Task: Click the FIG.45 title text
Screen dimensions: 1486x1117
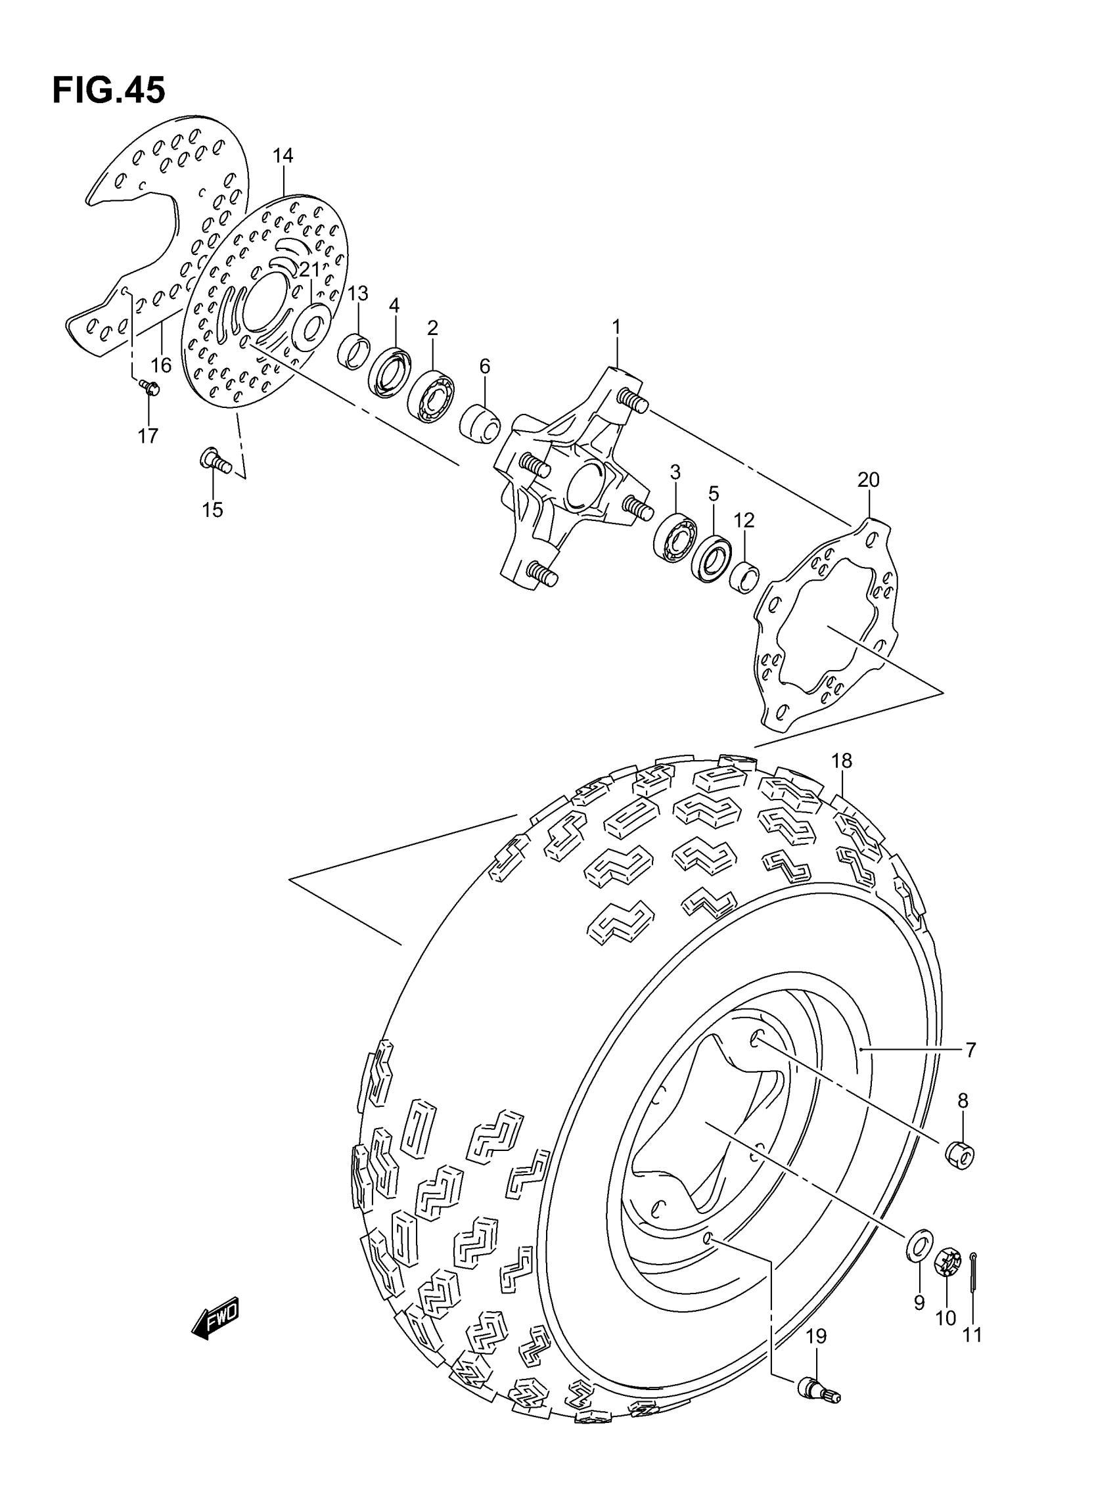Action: pos(108,90)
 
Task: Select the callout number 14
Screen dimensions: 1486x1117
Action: pos(283,156)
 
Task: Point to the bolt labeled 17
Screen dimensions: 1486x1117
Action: pos(149,387)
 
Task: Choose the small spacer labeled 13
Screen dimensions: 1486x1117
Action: pos(353,350)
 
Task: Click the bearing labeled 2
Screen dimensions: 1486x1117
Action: pos(432,395)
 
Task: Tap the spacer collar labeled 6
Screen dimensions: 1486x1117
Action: pos(480,424)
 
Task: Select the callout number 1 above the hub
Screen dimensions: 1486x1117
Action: pos(616,327)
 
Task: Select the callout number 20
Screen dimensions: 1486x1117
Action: pos(868,480)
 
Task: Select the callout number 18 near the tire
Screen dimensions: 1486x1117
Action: pos(842,761)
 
